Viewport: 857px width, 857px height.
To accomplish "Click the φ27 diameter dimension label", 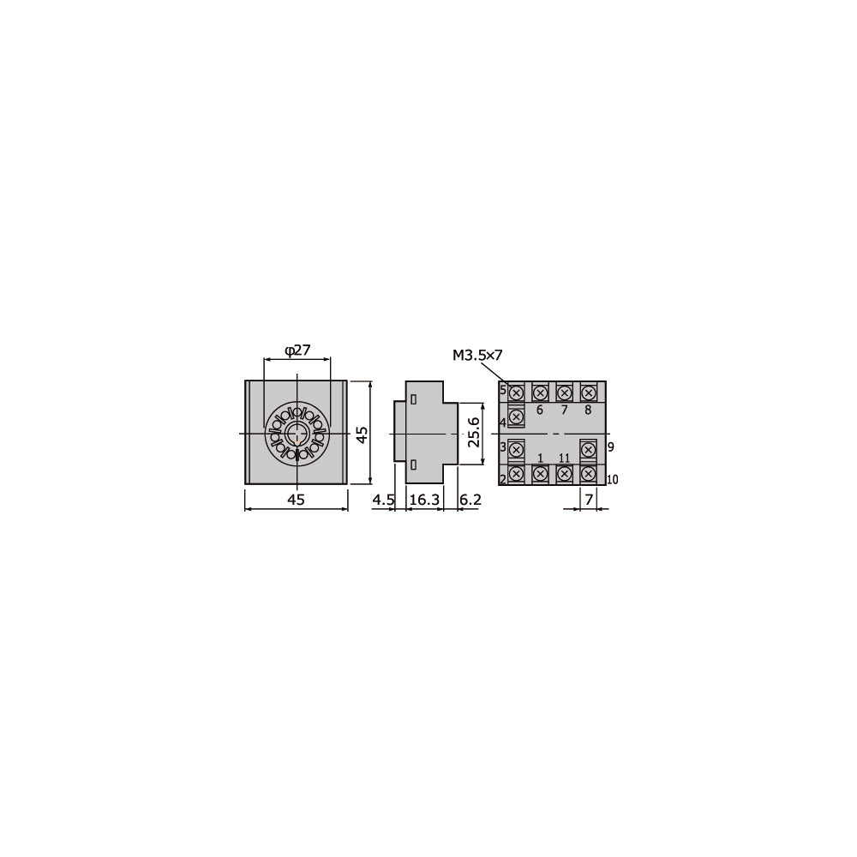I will [297, 351].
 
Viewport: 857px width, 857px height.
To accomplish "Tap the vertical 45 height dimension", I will [363, 434].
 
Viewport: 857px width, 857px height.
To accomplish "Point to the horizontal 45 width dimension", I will [296, 500].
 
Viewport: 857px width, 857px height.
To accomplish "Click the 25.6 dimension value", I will [473, 434].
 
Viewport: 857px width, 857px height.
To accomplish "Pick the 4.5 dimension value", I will [383, 500].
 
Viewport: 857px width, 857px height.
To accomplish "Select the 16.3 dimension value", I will [423, 500].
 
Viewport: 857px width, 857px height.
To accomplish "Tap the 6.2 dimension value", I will [470, 500].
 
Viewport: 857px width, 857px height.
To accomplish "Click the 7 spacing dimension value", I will [587, 500].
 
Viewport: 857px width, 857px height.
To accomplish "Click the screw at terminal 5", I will [517, 393].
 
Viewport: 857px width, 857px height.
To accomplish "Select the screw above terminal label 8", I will [588, 393].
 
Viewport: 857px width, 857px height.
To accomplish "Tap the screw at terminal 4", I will [517, 417].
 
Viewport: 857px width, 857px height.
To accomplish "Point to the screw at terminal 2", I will [517, 473].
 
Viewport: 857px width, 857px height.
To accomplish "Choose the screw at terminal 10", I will [588, 473].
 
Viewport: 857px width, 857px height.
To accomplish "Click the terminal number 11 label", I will [564, 458].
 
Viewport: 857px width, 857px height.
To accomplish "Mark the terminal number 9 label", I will [610, 447].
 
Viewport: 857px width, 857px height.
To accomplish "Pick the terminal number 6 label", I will [540, 410].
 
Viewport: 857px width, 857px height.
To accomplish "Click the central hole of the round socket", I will [297, 434].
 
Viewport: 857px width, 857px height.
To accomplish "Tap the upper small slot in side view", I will [413, 400].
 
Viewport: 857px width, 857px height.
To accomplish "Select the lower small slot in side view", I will [413, 464].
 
